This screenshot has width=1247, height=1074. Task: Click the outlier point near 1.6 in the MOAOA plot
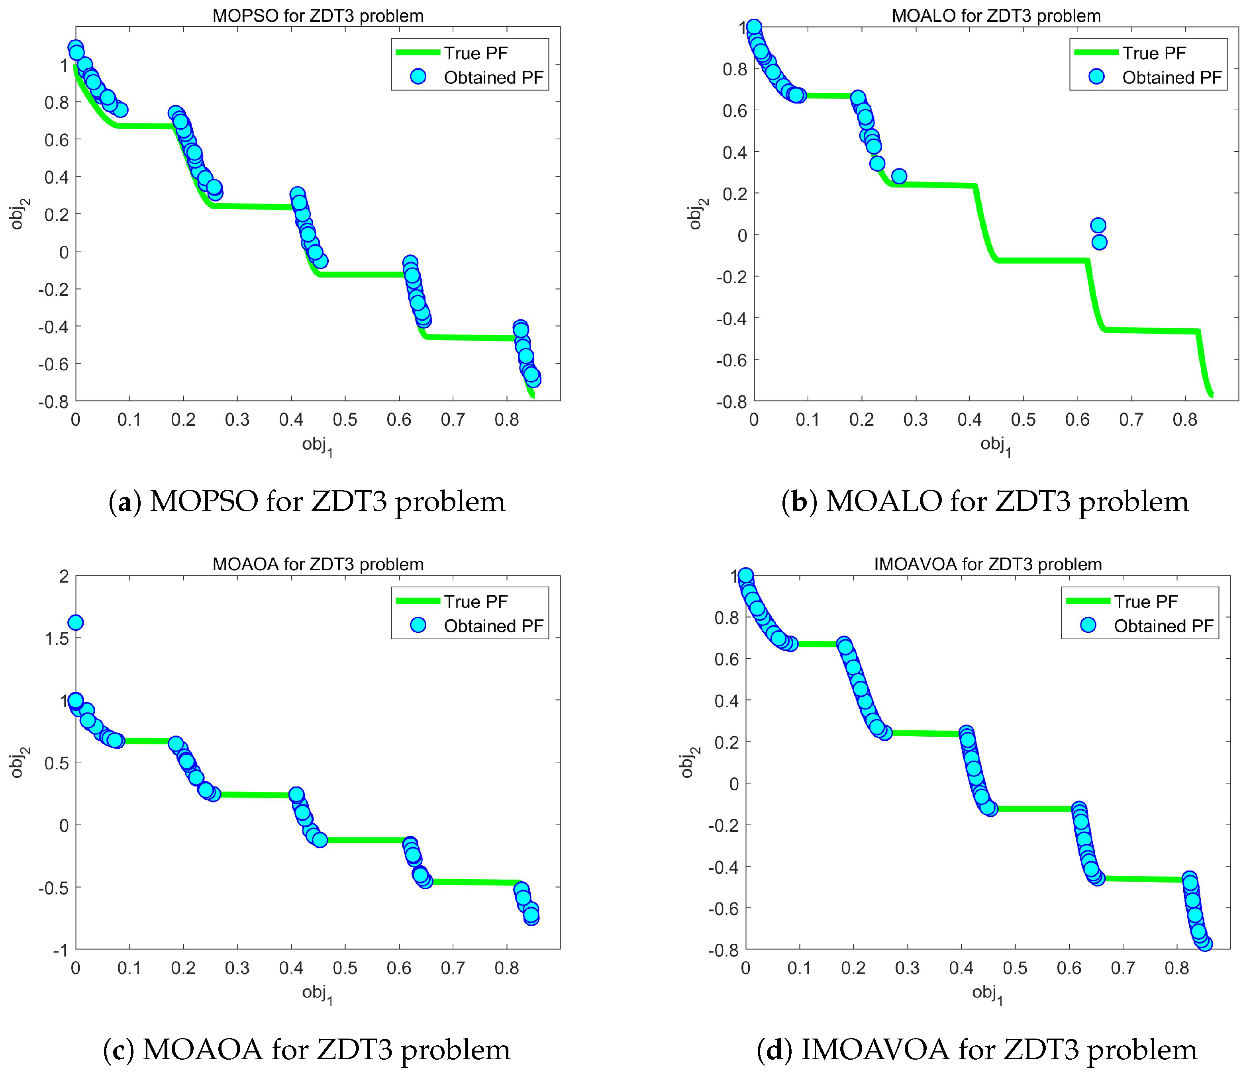pyautogui.click(x=75, y=622)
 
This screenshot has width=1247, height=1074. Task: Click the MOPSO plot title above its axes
pyautogui.click(x=318, y=16)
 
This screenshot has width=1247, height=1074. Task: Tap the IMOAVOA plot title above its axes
pyautogui.click(x=988, y=564)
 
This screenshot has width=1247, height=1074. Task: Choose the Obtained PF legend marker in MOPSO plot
pyautogui.click(x=417, y=77)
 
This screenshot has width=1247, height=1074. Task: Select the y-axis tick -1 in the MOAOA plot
pyautogui.click(x=60, y=950)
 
